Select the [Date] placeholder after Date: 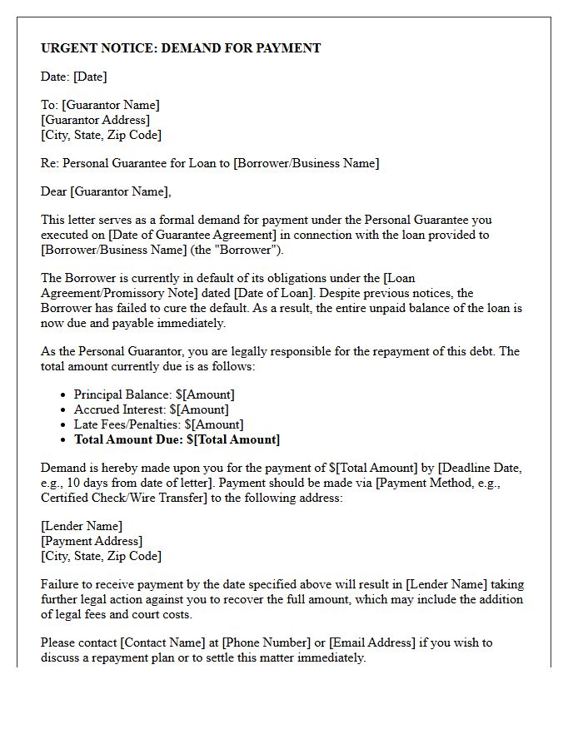[x=90, y=77]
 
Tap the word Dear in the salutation [x=53, y=191]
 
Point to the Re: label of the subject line [x=50, y=163]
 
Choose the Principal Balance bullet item [x=154, y=394]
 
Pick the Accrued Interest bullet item [x=151, y=409]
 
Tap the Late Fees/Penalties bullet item [x=157, y=424]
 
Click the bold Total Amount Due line [x=177, y=439]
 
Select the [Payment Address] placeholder [x=92, y=541]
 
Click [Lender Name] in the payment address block [x=82, y=526]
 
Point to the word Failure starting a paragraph [x=61, y=584]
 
